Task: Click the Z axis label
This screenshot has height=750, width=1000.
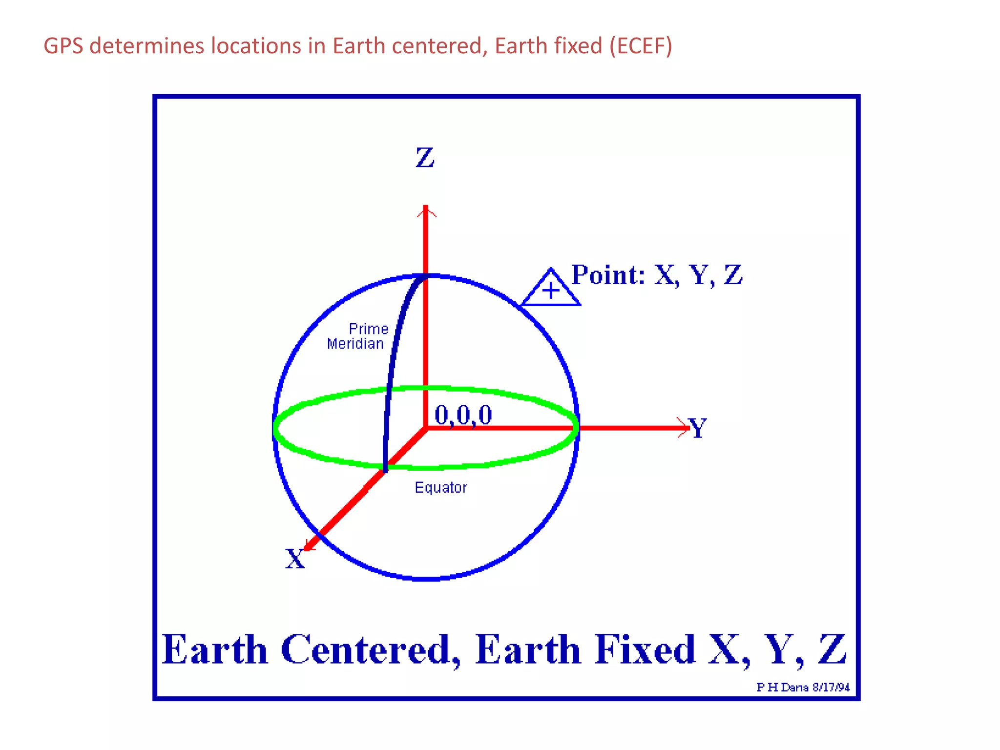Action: pos(425,158)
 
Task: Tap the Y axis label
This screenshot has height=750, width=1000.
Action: pos(697,428)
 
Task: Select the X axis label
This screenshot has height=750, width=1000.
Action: pos(295,558)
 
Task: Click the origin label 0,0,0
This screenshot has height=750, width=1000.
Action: pos(463,415)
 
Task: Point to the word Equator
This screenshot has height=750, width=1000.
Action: pos(440,487)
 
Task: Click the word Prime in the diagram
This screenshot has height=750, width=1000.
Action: pos(368,329)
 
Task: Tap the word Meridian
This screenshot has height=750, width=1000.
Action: pos(355,344)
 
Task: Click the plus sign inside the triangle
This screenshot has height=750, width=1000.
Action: pos(550,291)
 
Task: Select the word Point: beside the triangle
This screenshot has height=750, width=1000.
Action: pos(608,274)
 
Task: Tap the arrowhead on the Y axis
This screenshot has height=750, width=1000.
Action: pos(684,428)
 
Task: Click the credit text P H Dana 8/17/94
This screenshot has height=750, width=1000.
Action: pos(803,687)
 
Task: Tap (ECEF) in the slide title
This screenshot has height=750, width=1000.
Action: pos(641,46)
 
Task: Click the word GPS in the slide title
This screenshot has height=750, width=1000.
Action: pos(63,46)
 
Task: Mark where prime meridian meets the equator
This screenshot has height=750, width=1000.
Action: pos(385,468)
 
